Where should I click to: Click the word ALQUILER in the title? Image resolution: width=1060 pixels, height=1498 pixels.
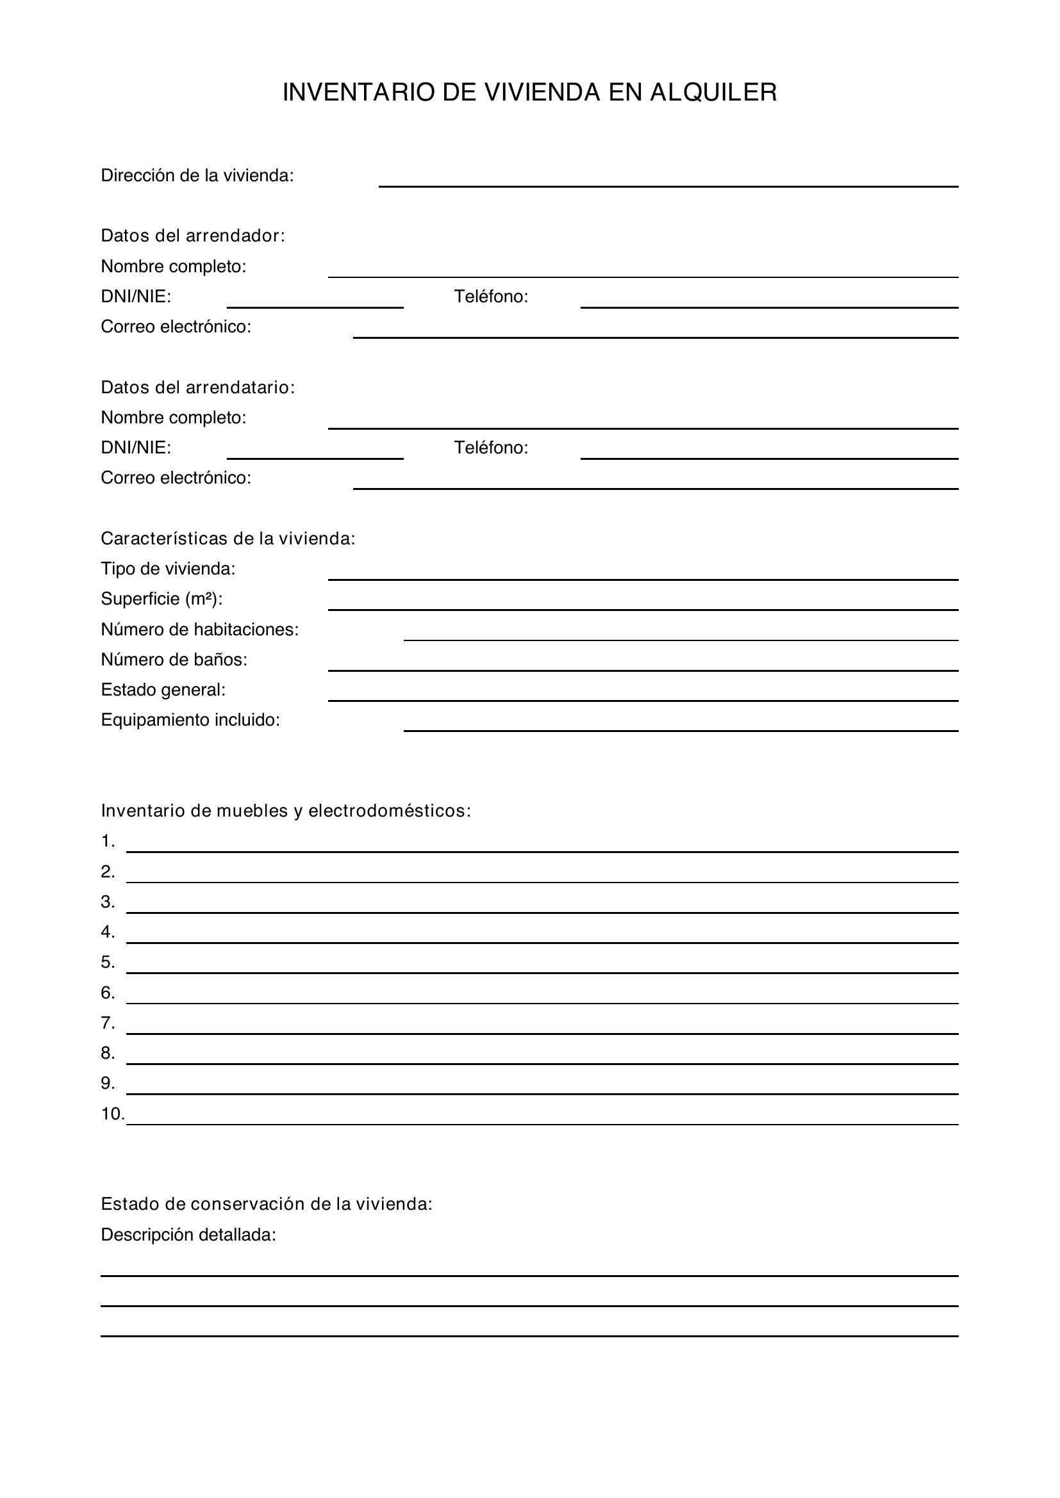coord(713,93)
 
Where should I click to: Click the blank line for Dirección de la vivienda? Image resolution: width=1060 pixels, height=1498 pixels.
coord(668,180)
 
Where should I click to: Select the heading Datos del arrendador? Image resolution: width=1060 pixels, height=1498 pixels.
coord(192,236)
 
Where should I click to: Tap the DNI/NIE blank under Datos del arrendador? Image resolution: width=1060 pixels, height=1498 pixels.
coord(315,301)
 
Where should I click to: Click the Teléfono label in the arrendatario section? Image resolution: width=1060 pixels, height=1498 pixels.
coord(491,448)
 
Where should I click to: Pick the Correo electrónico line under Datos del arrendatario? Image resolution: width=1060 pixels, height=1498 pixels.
coord(656,482)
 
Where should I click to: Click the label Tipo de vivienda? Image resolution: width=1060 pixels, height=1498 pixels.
coord(168,569)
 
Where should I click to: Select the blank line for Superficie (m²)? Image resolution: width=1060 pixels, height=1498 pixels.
coord(642,603)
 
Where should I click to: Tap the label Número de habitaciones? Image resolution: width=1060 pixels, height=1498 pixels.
coord(200,630)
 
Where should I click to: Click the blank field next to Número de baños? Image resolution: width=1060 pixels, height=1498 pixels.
coord(642,664)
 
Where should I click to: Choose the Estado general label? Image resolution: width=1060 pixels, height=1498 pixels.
coord(163,690)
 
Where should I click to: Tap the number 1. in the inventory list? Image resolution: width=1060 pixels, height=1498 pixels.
coord(108,842)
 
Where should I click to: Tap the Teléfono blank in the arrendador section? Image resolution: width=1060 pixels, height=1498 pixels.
coord(769,301)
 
